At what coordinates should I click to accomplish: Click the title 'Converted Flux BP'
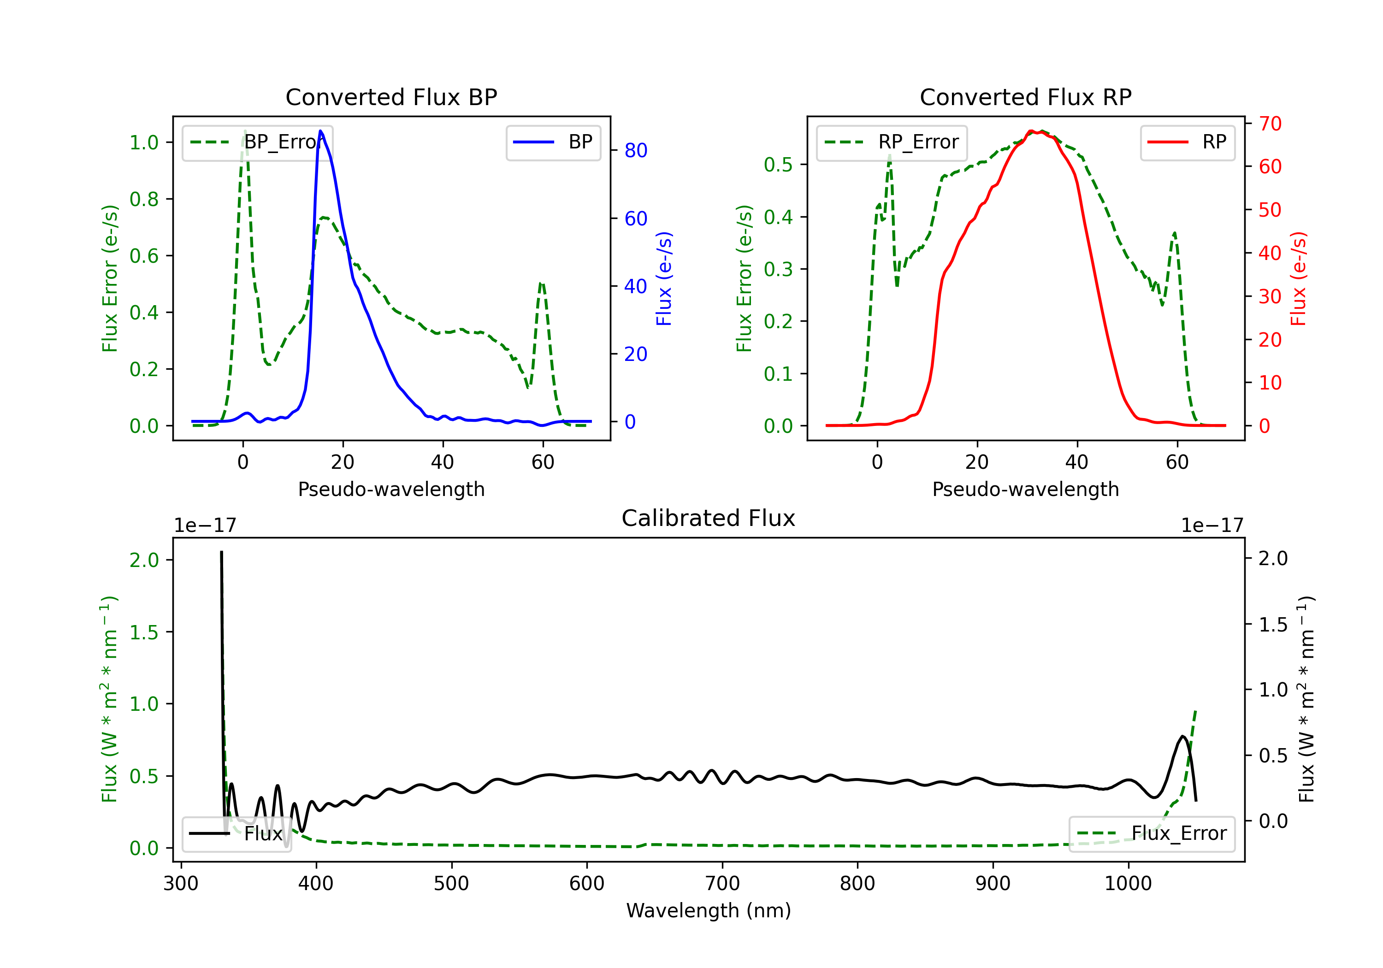391,97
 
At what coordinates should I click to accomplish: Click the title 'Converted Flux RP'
1025,97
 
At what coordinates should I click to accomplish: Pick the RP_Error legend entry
892,142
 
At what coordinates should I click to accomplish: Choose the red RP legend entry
1187,142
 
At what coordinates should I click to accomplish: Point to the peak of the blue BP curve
320,131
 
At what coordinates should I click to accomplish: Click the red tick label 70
1270,124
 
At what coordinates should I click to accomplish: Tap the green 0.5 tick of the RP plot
778,165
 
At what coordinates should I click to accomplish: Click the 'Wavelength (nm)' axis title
709,910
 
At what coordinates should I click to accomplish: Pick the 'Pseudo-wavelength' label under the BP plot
391,489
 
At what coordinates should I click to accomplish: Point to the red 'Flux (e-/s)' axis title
1298,278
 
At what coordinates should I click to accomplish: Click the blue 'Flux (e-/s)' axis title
664,278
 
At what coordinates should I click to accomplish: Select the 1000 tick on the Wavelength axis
1128,884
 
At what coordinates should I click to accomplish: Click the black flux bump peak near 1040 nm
1183,736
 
